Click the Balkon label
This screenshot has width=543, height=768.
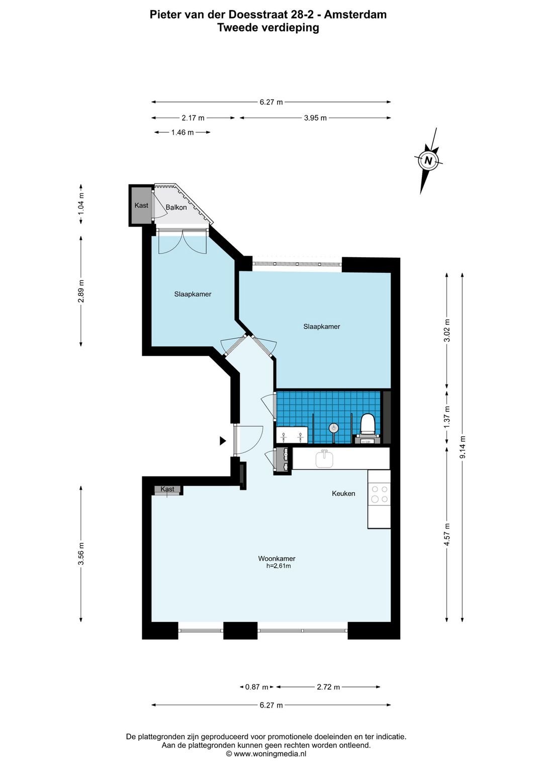pyautogui.click(x=176, y=207)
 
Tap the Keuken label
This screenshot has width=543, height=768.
pyautogui.click(x=343, y=493)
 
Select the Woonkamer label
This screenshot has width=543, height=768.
pyautogui.click(x=277, y=559)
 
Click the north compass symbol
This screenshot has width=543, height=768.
pyautogui.click(x=428, y=161)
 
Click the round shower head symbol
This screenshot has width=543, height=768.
pyautogui.click(x=333, y=428)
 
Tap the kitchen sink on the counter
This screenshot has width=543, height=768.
pyautogui.click(x=324, y=459)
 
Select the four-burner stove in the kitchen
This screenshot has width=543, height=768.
pyautogui.click(x=379, y=494)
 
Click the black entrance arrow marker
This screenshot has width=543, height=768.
pyautogui.click(x=223, y=441)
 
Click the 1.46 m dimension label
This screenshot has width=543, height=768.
pyautogui.click(x=183, y=132)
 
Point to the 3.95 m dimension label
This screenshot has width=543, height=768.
pyautogui.click(x=315, y=118)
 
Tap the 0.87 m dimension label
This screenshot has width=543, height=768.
pyautogui.click(x=256, y=687)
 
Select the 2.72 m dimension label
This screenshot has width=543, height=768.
pyautogui.click(x=328, y=687)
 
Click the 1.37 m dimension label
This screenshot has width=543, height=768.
pyautogui.click(x=447, y=417)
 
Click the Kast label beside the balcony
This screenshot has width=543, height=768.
pyautogui.click(x=141, y=205)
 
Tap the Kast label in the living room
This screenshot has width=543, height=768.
pyautogui.click(x=167, y=489)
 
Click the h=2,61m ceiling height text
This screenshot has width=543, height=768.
pyautogui.click(x=279, y=566)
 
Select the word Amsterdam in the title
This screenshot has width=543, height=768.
pyautogui.click(x=355, y=15)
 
